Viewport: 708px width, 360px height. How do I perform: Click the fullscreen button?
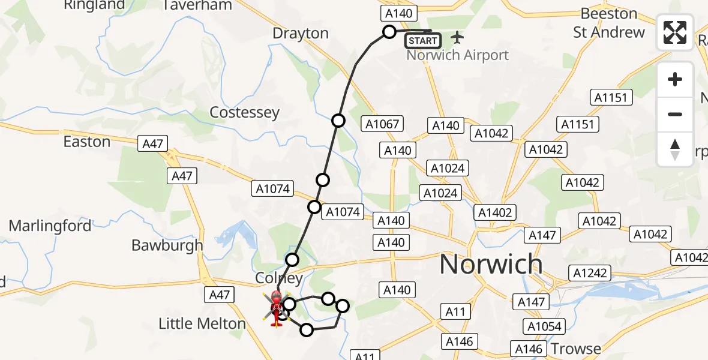(x=675, y=32)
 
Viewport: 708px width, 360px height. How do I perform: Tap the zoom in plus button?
(x=675, y=79)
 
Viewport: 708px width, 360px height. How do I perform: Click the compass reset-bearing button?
(x=675, y=149)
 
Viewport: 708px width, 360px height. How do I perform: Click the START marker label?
(x=423, y=41)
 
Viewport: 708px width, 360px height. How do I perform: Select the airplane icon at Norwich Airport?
(x=458, y=38)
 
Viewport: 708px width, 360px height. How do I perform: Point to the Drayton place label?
(x=301, y=34)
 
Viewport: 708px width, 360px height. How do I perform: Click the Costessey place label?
(x=244, y=113)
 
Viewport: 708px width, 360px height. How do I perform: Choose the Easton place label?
(x=87, y=142)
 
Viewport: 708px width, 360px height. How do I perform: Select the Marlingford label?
(x=50, y=226)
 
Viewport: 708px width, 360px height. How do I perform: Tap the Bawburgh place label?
(x=167, y=245)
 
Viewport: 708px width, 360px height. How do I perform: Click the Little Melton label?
(x=202, y=324)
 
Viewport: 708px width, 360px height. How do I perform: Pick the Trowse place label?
(x=576, y=349)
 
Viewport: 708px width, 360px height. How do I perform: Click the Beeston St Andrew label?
(x=609, y=23)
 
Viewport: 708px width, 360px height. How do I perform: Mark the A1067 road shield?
(x=382, y=124)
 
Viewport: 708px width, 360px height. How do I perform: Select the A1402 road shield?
(x=496, y=212)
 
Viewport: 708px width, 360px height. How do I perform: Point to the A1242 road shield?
(x=591, y=273)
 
